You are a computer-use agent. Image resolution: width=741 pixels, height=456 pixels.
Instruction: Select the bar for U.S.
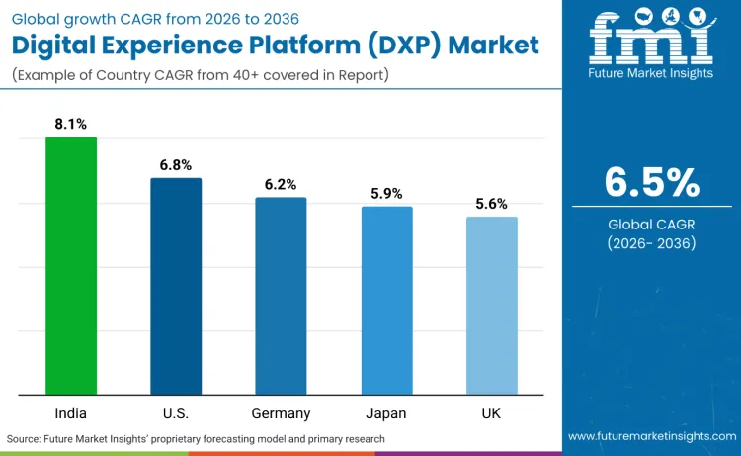[176, 286]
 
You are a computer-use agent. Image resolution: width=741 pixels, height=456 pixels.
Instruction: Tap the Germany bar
[281, 296]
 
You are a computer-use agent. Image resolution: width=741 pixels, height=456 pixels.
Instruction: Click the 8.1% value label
[71, 125]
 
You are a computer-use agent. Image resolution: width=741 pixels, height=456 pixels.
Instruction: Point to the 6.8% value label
[176, 165]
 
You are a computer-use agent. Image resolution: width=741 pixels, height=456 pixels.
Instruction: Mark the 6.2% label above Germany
[281, 185]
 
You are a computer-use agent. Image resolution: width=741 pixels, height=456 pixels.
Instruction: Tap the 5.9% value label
[386, 194]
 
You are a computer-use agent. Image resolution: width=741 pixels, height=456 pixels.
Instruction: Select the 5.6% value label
[491, 204]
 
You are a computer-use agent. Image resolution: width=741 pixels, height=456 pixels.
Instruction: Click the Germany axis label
[281, 412]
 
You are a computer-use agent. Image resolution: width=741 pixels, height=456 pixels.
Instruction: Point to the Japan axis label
[386, 412]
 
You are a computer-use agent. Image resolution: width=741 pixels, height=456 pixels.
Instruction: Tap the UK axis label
[491, 412]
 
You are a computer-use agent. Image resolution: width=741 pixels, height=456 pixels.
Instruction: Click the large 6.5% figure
[651, 183]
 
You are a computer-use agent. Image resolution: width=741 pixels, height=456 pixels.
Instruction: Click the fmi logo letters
[651, 41]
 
